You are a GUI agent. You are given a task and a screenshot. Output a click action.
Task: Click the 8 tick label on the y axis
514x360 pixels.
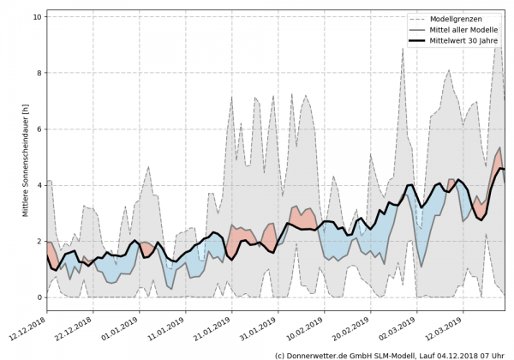(39, 73)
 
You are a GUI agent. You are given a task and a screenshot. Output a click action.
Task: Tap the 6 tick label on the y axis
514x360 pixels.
(39, 129)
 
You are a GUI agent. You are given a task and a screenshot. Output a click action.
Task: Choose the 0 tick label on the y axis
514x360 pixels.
(39, 297)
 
